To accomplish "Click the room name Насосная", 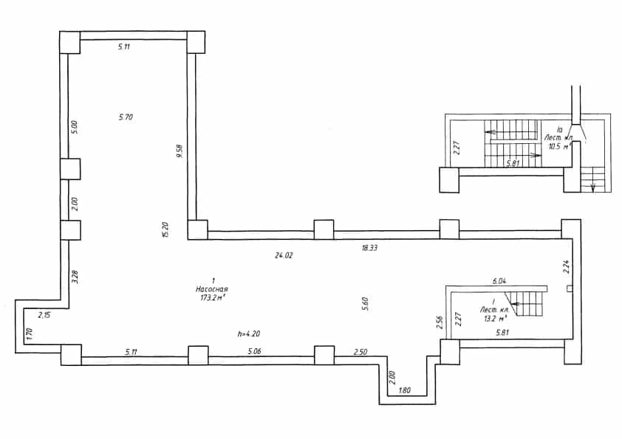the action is click(x=212, y=289).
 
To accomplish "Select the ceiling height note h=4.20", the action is click(x=249, y=334).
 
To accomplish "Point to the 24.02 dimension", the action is click(x=284, y=255).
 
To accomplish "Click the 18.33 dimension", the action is click(x=369, y=248).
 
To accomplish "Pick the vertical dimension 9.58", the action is click(x=180, y=151).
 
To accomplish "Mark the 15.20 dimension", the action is click(x=165, y=229).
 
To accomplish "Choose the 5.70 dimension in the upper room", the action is click(x=126, y=117).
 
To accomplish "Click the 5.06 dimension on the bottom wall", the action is click(x=254, y=351).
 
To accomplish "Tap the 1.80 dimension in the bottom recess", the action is click(x=404, y=390).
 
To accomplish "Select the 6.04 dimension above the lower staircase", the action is click(x=499, y=281).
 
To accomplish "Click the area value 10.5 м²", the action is click(x=559, y=147).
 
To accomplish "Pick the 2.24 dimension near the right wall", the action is click(x=567, y=266).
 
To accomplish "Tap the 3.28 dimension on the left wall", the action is click(x=75, y=277).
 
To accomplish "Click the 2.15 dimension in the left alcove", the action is click(x=44, y=316).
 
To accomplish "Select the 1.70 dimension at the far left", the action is click(x=28, y=334).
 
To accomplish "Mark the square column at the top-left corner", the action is click(x=70, y=42).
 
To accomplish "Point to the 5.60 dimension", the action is click(x=366, y=304).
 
